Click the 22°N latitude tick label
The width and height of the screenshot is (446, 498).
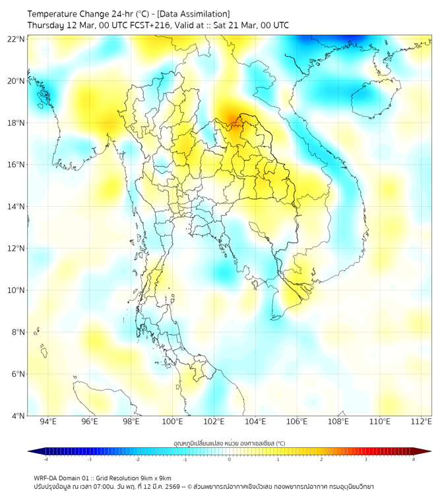(x=17, y=39)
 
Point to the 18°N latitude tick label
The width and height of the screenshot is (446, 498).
(x=17, y=123)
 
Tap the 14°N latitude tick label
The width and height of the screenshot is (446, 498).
(x=17, y=207)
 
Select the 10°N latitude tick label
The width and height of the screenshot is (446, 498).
(x=17, y=290)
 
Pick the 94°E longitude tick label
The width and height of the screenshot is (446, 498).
(x=48, y=422)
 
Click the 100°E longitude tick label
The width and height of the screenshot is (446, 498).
(x=172, y=422)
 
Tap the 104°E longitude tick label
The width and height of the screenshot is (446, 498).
(x=255, y=422)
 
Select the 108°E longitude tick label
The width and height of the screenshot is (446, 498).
(x=338, y=422)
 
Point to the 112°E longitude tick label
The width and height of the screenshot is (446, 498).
(x=422, y=422)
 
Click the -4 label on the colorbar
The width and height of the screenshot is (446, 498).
(x=45, y=460)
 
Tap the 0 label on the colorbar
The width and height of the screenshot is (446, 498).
(x=230, y=460)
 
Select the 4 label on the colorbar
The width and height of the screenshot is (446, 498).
(x=414, y=460)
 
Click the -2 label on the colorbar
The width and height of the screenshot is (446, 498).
(x=137, y=460)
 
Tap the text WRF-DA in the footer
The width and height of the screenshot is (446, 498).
(x=47, y=478)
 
